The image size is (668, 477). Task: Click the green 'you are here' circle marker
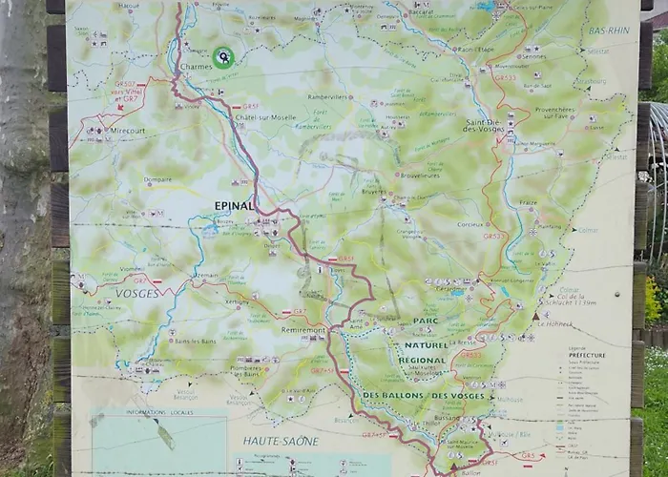222,57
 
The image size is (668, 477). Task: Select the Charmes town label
195,68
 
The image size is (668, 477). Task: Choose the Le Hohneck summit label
555,323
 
